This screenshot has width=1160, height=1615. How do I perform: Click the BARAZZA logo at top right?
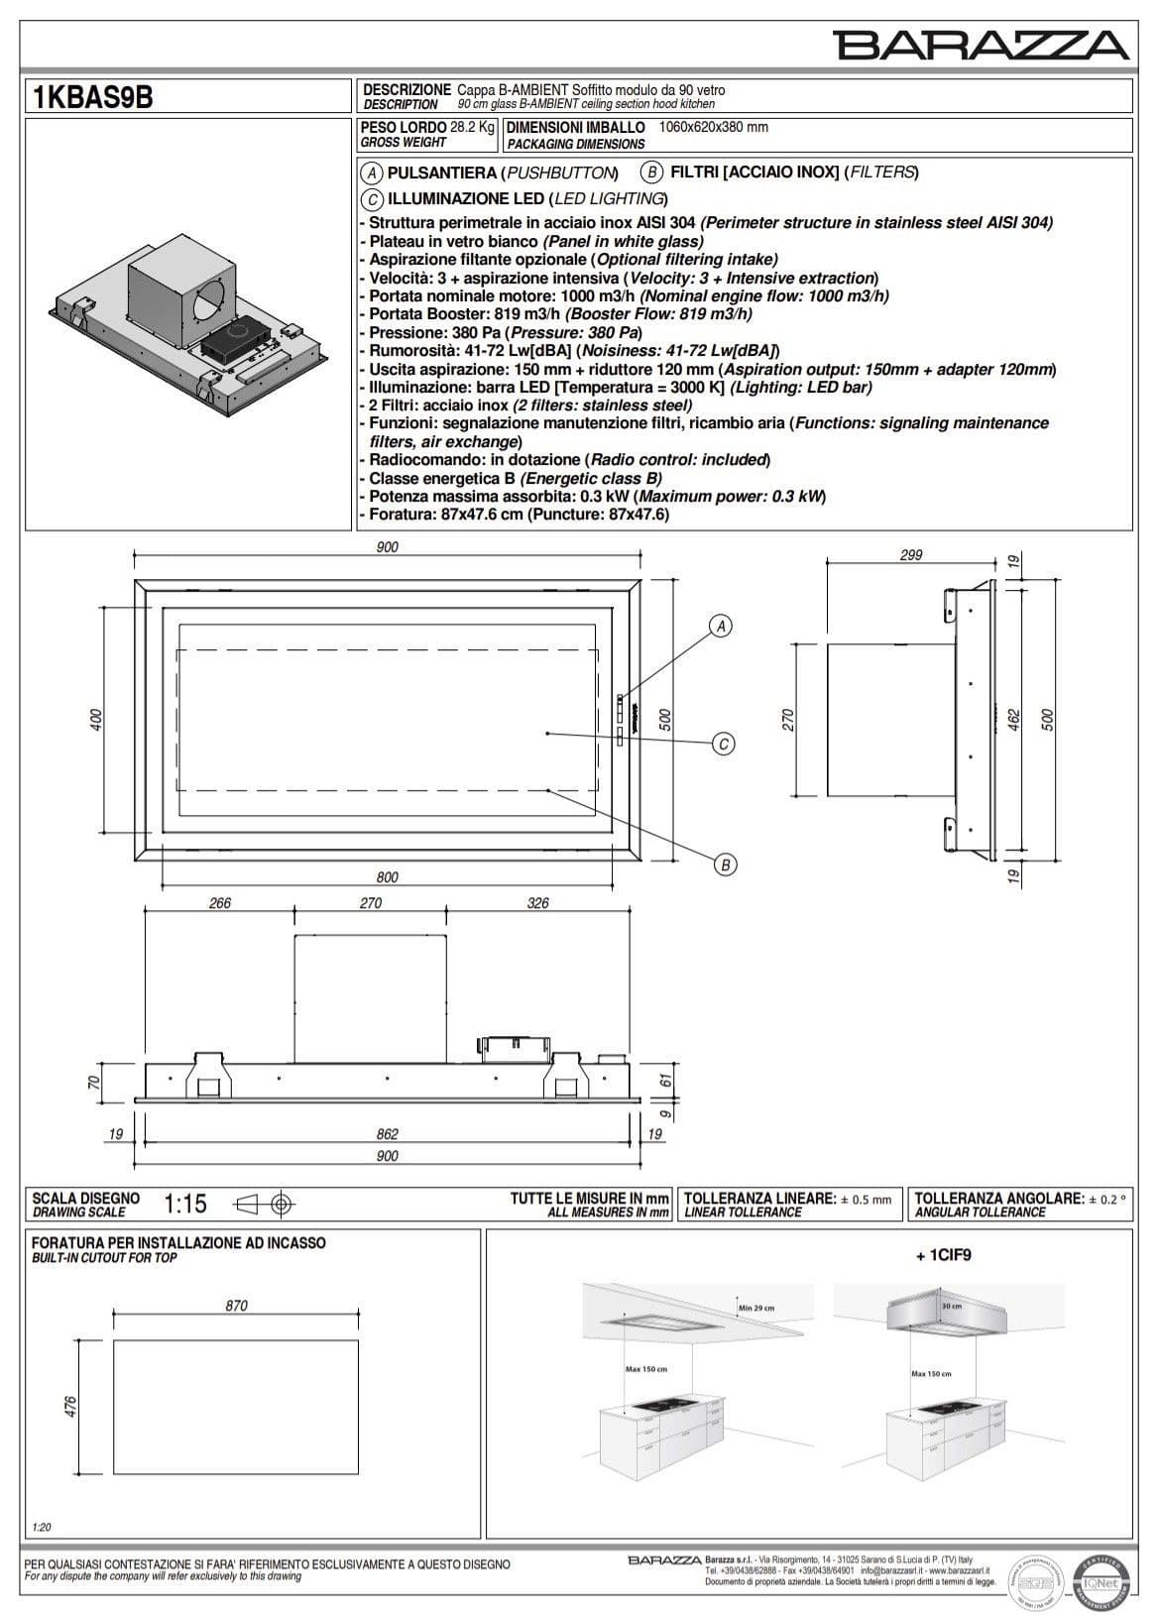(981, 45)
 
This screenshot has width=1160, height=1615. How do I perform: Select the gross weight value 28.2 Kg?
(472, 127)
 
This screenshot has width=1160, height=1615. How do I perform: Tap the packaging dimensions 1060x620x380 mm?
(713, 127)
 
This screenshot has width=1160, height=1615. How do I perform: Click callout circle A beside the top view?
(722, 626)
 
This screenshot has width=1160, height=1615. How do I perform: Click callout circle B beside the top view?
(725, 865)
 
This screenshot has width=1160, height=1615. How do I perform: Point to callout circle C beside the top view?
(724, 744)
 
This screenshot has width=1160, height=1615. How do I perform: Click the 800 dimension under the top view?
(387, 876)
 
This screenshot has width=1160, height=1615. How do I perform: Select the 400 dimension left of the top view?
(96, 721)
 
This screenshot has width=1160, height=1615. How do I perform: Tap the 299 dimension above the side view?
(910, 555)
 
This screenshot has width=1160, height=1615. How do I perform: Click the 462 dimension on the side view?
(1013, 720)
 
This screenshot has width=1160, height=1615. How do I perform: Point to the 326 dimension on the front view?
(536, 902)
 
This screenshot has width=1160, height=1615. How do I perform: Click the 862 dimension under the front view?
(387, 1134)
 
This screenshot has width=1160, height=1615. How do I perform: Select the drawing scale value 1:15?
(185, 1204)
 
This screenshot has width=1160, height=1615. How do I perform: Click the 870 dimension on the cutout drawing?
(236, 1306)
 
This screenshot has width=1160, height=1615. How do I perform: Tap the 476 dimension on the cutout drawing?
(70, 1407)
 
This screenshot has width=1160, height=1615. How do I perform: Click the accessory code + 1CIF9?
(943, 1254)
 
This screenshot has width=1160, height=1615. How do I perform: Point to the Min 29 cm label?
(755, 1308)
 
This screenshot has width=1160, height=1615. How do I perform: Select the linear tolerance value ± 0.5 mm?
(866, 1200)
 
